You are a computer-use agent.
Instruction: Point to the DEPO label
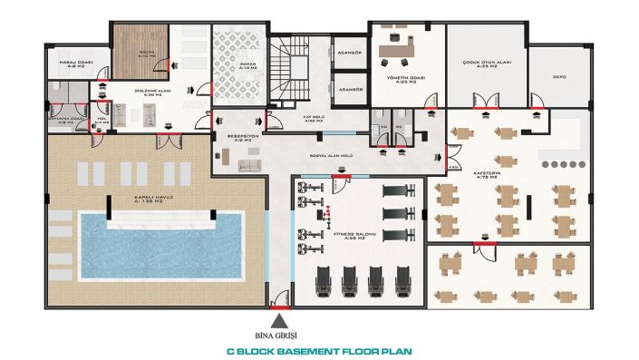(x=559, y=77)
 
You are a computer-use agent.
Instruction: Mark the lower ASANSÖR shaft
(x=349, y=90)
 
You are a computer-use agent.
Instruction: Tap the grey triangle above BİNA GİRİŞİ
(x=282, y=319)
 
